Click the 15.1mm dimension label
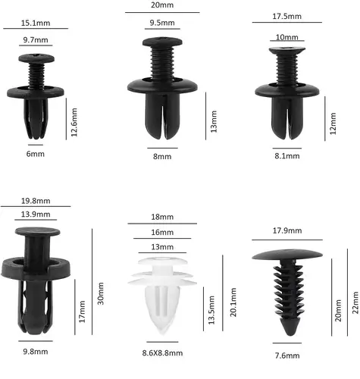(x=36, y=23)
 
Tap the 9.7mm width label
(x=36, y=40)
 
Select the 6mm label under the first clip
(x=36, y=154)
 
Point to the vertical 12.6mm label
(x=74, y=122)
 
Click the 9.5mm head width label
(x=162, y=23)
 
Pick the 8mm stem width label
(x=162, y=156)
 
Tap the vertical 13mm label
(x=214, y=121)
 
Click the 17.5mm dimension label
(x=287, y=17)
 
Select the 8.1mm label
(x=287, y=156)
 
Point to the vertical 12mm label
(x=333, y=124)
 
